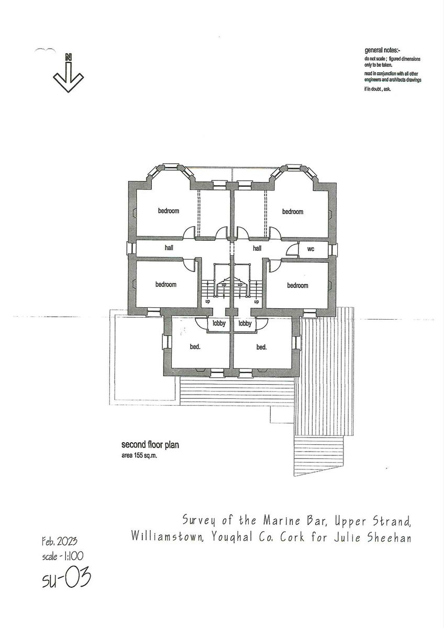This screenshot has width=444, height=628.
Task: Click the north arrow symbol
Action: pos(68,76)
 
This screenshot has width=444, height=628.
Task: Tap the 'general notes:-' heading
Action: pos(382,51)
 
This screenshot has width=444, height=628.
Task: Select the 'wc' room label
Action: pos(310,249)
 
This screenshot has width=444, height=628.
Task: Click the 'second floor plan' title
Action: pos(150,445)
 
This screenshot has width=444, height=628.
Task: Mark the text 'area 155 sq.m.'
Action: pos(139,456)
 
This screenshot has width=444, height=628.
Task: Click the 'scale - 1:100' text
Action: pos(62,556)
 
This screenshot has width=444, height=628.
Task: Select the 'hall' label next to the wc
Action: pos(257,249)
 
